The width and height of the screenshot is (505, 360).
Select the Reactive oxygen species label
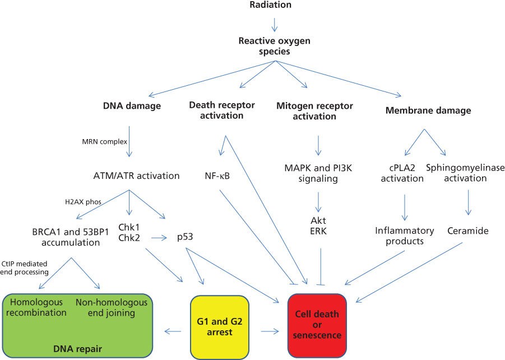pos(274,45)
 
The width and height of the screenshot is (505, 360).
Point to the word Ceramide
pos(469,230)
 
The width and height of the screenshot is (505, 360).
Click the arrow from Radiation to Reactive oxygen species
pos(275,24)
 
